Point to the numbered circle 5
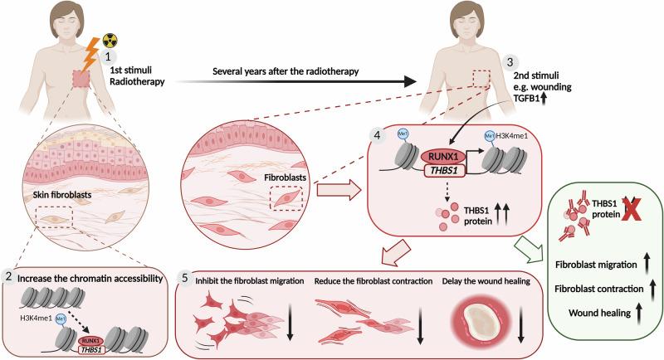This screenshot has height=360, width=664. pyautogui.click(x=187, y=279)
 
